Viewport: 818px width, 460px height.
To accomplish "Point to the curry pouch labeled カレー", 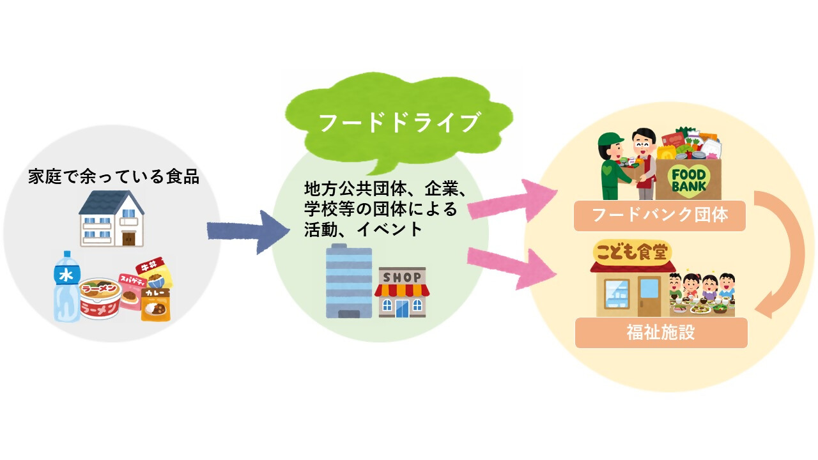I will (x=156, y=304).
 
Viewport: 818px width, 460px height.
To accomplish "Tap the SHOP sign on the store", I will (x=402, y=277).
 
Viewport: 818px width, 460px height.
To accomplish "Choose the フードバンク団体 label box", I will (x=660, y=215).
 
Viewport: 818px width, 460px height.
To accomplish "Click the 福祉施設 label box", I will (x=661, y=333).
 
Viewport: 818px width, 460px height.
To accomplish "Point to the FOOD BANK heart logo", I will (x=689, y=180).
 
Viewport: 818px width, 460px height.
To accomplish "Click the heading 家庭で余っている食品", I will (x=114, y=176).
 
